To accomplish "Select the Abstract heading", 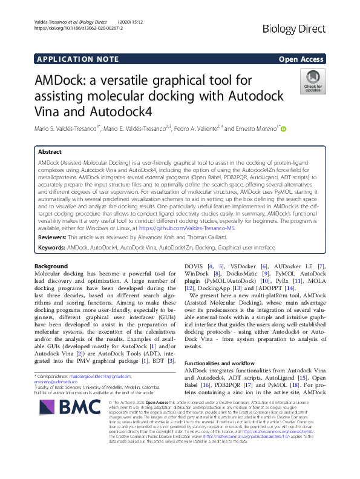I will coord(50,152).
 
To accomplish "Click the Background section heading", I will coord(51,267).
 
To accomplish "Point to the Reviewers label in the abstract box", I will coord(53,239).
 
